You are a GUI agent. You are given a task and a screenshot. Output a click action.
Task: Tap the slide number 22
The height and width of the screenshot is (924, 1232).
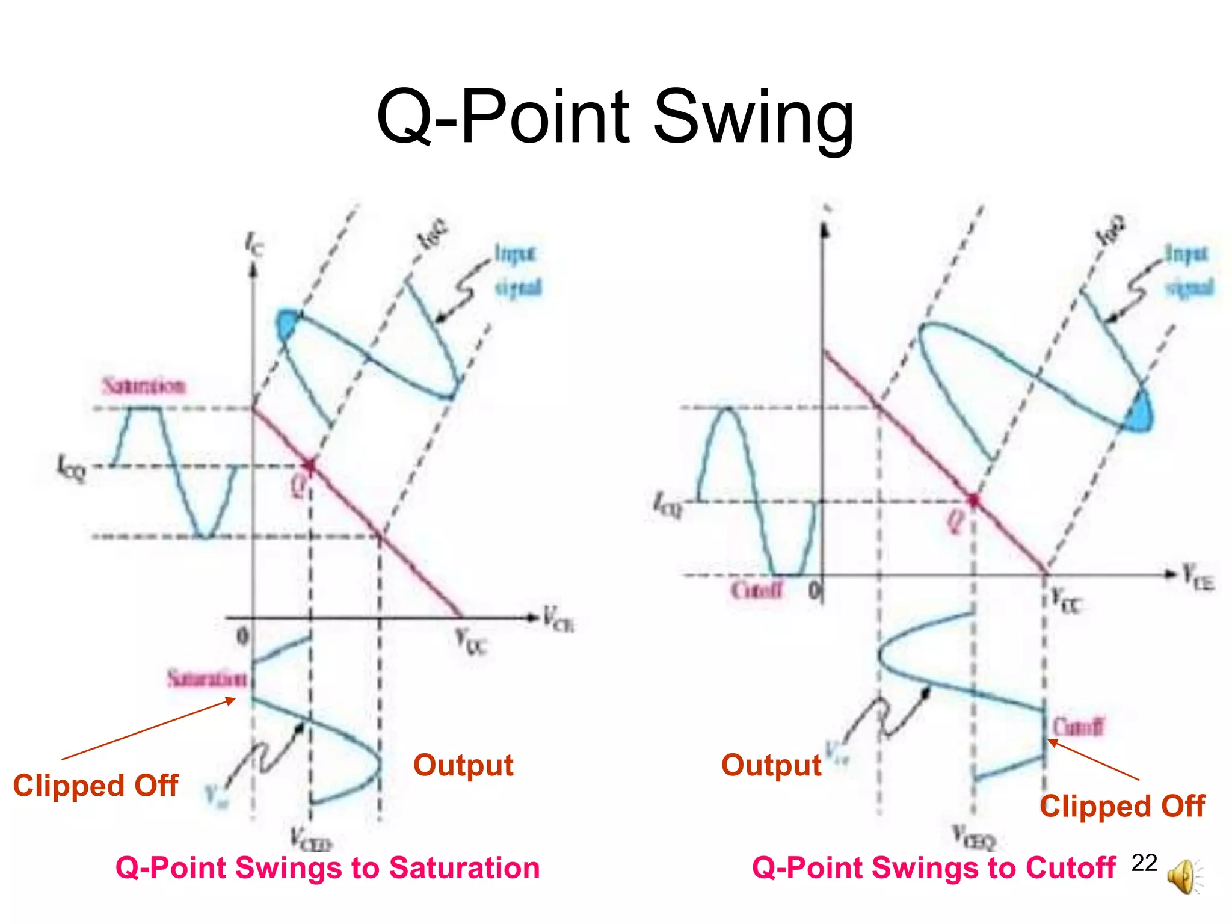pos(1144,863)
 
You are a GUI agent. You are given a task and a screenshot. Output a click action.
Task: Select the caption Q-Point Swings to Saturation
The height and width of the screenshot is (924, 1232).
pos(328,868)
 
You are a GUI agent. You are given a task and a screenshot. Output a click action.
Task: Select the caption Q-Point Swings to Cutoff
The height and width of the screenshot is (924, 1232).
pos(934,868)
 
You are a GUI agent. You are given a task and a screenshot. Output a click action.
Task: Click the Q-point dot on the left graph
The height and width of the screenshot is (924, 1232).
pos(310,466)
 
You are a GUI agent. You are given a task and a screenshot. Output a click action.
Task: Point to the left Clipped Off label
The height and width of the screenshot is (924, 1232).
pos(96,786)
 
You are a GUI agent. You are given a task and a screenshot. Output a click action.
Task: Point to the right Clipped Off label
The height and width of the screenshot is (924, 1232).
pos(1122,806)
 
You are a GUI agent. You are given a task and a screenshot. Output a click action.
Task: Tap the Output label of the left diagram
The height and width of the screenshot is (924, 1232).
pos(463,765)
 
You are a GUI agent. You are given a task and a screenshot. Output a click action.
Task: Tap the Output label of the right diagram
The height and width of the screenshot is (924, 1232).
pos(771,765)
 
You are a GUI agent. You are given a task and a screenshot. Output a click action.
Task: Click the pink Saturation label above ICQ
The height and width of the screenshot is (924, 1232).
pos(144,386)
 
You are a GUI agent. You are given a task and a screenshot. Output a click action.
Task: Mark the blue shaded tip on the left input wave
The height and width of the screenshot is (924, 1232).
pos(287,325)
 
